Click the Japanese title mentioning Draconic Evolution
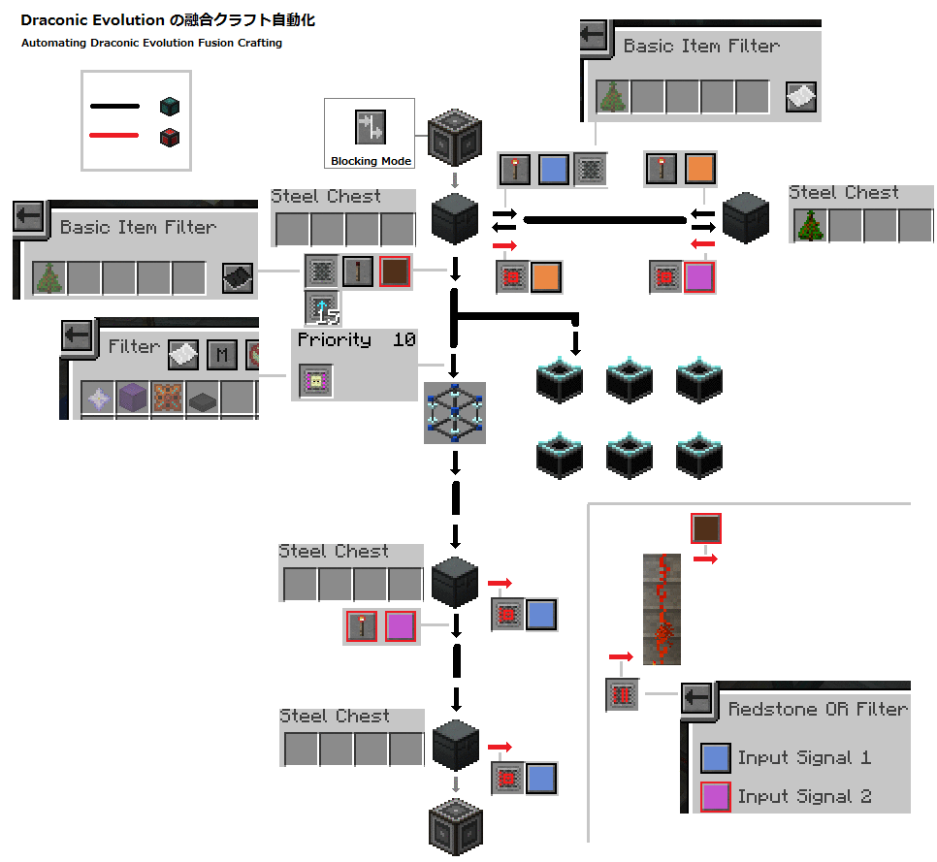[167, 20]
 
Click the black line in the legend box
[114, 107]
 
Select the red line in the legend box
[114, 136]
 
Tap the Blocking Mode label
[371, 161]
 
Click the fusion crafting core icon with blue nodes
[454, 413]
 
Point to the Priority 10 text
[355, 340]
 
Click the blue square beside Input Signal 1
[715, 757]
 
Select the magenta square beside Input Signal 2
[715, 796]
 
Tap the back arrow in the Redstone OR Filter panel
[696, 697]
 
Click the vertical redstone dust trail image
[662, 609]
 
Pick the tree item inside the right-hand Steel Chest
[810, 225]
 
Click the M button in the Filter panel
[221, 355]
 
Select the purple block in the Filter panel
[131, 398]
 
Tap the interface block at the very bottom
[455, 827]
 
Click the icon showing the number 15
[321, 307]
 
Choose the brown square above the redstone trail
[705, 528]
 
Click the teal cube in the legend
[171, 107]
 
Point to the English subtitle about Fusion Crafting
[151, 43]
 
